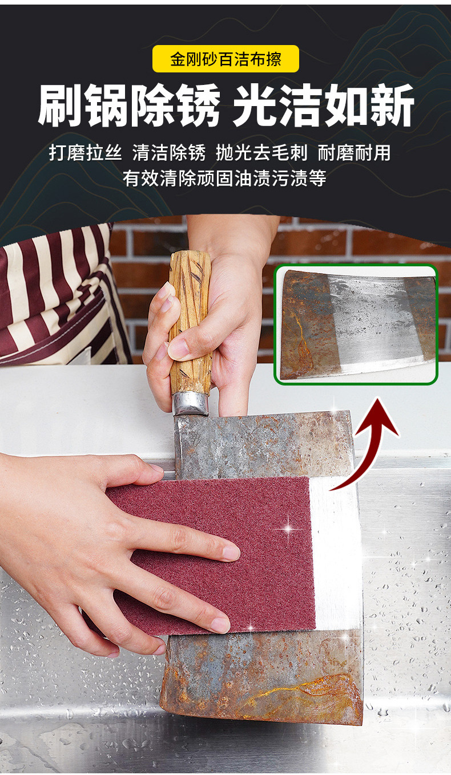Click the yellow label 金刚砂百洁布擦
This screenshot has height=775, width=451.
coord(226,59)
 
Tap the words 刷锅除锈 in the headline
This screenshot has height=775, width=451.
coord(129,107)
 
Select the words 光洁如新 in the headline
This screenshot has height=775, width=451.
coord(323,107)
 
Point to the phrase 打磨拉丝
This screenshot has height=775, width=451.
coord(85,153)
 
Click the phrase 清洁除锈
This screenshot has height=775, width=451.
coord(168,153)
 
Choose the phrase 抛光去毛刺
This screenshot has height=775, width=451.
coord(261,153)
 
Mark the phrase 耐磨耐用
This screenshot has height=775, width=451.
coord(354,153)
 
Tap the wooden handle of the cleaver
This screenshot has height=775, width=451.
coord(190,319)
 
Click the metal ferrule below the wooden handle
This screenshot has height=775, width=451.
coord(191,403)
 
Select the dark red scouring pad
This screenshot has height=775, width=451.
coord(228,547)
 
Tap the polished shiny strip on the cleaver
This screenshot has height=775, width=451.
coord(337,553)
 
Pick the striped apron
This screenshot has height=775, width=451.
coord(57,297)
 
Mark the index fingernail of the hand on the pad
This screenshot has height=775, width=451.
coord(231,552)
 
